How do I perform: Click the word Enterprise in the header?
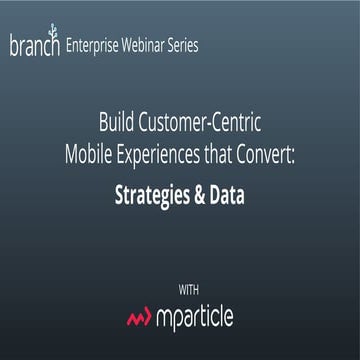click(100, 46)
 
